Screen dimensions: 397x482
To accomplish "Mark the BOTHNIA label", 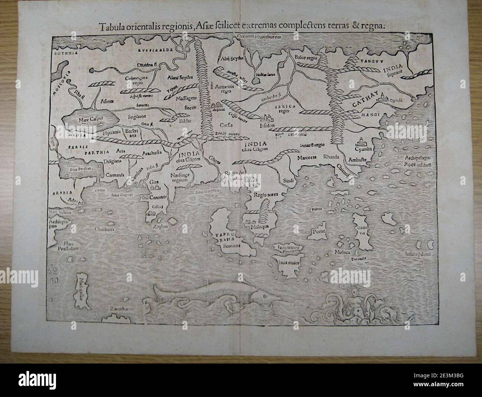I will pyautogui.click(x=65, y=53).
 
